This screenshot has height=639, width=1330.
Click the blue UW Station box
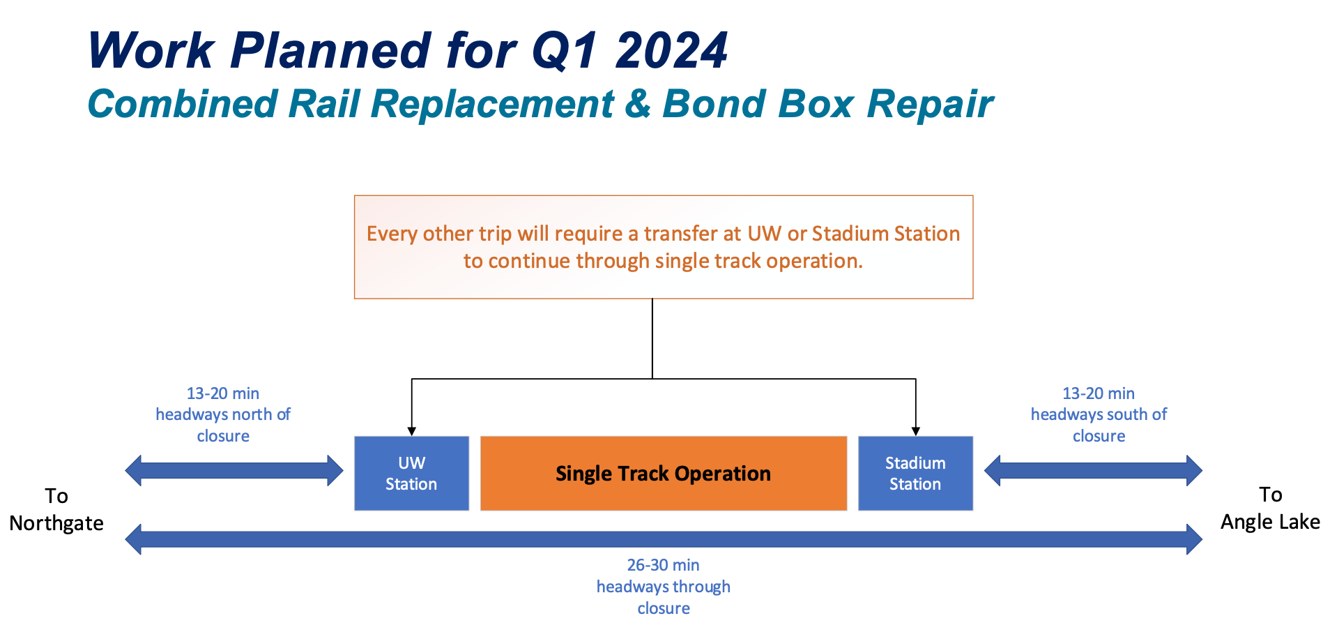point(411,473)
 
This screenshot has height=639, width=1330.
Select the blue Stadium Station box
point(915,473)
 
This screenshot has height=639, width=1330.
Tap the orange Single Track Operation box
point(663,473)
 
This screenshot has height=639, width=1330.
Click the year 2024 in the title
point(671,51)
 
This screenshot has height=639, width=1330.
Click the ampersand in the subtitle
point(638,104)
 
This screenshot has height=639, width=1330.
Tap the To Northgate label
point(56,509)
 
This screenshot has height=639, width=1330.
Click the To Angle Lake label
point(1270,508)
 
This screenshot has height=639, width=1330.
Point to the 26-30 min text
point(663,565)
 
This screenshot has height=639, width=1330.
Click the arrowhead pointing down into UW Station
point(412,431)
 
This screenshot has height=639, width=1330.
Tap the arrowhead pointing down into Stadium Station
point(915,431)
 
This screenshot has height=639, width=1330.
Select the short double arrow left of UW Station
point(234,470)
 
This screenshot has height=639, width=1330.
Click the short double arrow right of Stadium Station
point(1093,470)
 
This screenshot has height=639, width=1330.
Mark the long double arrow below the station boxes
point(663,539)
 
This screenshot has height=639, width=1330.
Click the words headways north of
point(223,414)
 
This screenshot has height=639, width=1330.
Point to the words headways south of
point(1099,414)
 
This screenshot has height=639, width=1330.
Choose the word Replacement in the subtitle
point(492,104)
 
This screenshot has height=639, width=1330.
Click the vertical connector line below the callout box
point(652,338)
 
